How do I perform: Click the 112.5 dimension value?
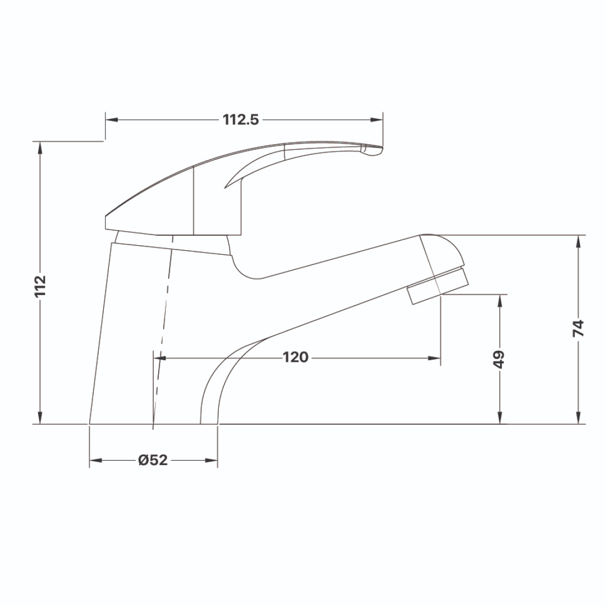pyautogui.click(x=240, y=120)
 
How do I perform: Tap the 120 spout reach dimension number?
pyautogui.click(x=295, y=357)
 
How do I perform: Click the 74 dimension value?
pyautogui.click(x=579, y=328)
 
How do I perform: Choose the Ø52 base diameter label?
pyautogui.click(x=153, y=460)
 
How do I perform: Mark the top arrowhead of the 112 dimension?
pyautogui.click(x=40, y=148)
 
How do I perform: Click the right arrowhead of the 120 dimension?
pyautogui.click(x=434, y=357)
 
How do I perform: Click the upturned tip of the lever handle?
pyautogui.click(x=373, y=150)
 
